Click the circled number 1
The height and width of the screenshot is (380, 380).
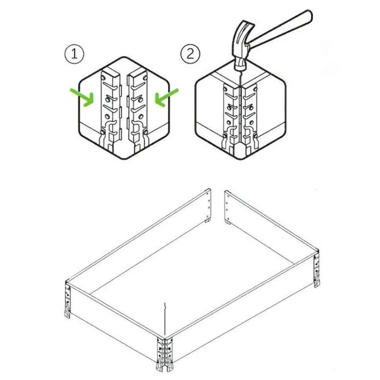pyautogui.click(x=74, y=54)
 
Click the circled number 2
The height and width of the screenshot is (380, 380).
pyautogui.click(x=190, y=54)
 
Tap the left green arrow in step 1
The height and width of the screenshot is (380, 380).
pyautogui.click(x=83, y=97)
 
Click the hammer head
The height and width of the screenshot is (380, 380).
pyautogui.click(x=242, y=46)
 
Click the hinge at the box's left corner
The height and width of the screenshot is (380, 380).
pyautogui.click(x=67, y=300)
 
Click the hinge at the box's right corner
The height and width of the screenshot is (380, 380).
pyautogui.click(x=317, y=269)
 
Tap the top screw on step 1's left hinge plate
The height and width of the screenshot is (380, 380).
pyautogui.click(x=103, y=78)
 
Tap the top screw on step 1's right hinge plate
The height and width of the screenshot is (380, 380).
pyautogui.click(x=145, y=78)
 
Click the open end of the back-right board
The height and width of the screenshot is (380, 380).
pyautogui.click(x=227, y=206)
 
